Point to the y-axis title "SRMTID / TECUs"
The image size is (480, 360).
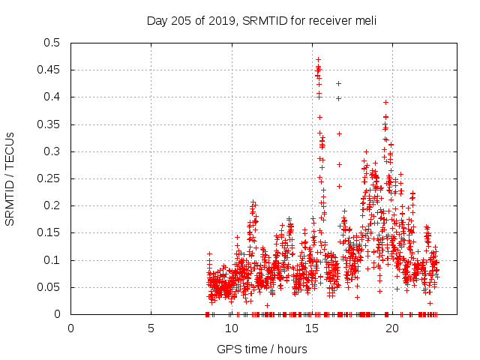[x=10, y=178]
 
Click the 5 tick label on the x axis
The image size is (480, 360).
[x=151, y=328]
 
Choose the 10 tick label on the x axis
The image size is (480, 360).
[x=231, y=328]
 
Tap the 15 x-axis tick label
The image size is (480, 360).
[x=311, y=328]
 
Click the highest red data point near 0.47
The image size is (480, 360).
[x=318, y=59]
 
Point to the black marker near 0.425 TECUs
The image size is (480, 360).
[x=338, y=83]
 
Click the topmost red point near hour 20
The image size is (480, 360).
[x=385, y=102]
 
